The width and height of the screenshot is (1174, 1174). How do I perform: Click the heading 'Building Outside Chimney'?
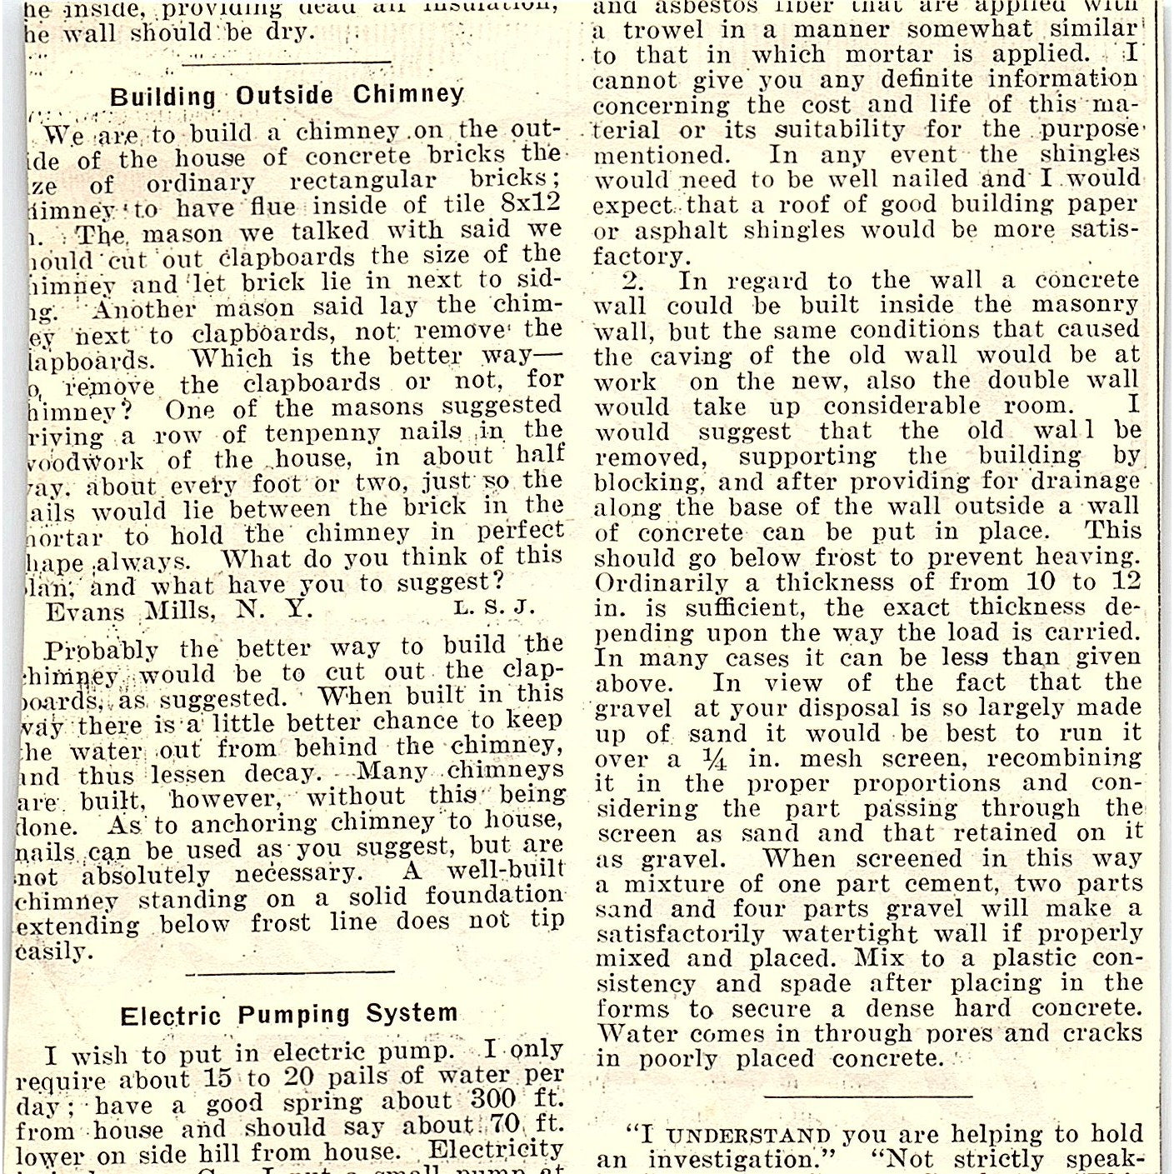pyautogui.click(x=287, y=96)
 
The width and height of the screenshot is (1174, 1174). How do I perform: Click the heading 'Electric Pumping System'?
pyautogui.click(x=288, y=1015)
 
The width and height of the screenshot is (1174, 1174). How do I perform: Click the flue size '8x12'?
pyautogui.click(x=533, y=203)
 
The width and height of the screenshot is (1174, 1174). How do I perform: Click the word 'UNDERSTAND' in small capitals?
pyautogui.click(x=750, y=1136)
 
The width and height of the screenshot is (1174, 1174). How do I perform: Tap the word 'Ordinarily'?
pyautogui.click(x=650, y=582)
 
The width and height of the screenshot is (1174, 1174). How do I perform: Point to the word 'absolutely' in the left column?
pyautogui.click(x=146, y=876)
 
